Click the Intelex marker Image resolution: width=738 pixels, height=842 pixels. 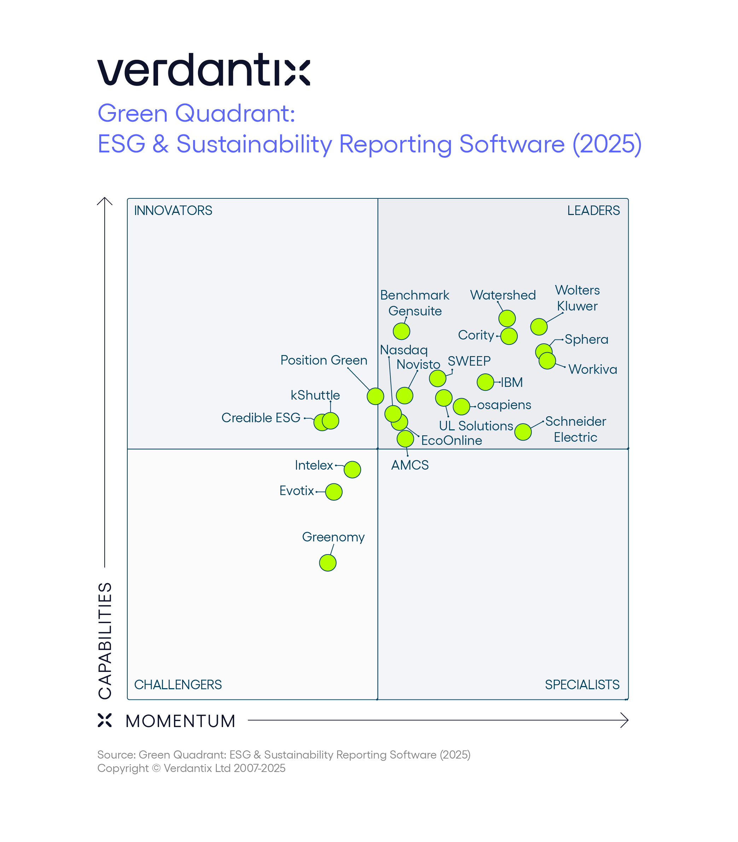(x=352, y=469)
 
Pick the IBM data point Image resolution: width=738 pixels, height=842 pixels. (x=486, y=382)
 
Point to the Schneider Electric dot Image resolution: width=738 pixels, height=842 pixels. (x=523, y=432)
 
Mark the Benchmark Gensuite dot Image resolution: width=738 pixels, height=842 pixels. (x=402, y=331)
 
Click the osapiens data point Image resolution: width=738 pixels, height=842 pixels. (x=462, y=406)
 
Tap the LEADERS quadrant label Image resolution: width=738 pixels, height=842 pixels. (x=593, y=210)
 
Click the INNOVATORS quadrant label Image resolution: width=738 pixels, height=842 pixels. (x=173, y=210)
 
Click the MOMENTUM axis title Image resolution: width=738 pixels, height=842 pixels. (x=180, y=721)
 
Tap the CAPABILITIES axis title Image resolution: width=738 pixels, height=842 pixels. (x=105, y=641)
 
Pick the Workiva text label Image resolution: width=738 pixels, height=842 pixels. (x=593, y=369)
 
